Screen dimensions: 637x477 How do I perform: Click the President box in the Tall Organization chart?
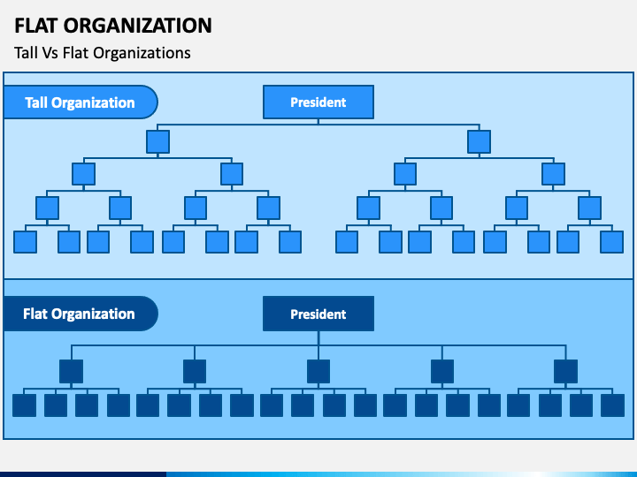pyautogui.click(x=318, y=102)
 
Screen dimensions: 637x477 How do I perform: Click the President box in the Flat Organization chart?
pyautogui.click(x=318, y=314)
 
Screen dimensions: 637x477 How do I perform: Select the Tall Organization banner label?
pyautogui.click(x=80, y=102)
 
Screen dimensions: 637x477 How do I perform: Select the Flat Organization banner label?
pyautogui.click(x=80, y=314)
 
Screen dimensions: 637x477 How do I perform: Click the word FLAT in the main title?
pyautogui.click(x=35, y=26)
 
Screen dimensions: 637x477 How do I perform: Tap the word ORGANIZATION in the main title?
pyautogui.click(x=138, y=26)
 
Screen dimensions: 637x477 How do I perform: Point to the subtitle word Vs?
pyautogui.click(x=50, y=53)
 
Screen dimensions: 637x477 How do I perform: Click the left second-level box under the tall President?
pyautogui.click(x=158, y=141)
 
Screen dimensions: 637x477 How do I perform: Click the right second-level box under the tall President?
pyautogui.click(x=480, y=141)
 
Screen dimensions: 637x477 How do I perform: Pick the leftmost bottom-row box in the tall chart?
pyautogui.click(x=25, y=242)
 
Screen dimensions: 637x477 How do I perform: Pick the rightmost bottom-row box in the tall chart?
pyautogui.click(x=612, y=242)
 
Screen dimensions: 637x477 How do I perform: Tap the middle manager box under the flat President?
pyautogui.click(x=318, y=371)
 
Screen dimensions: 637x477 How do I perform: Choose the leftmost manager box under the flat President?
pyautogui.click(x=71, y=371)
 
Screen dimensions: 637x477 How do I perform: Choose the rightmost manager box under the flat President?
pyautogui.click(x=566, y=371)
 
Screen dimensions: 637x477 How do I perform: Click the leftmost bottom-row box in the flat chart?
pyautogui.click(x=25, y=405)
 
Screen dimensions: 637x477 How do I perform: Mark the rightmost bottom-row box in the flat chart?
pyautogui.click(x=612, y=405)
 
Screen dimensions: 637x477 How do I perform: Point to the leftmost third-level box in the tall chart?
pyautogui.click(x=84, y=174)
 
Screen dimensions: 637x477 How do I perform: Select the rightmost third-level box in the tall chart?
pyautogui.click(x=553, y=174)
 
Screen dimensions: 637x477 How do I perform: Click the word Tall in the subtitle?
pyautogui.click(x=26, y=53)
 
